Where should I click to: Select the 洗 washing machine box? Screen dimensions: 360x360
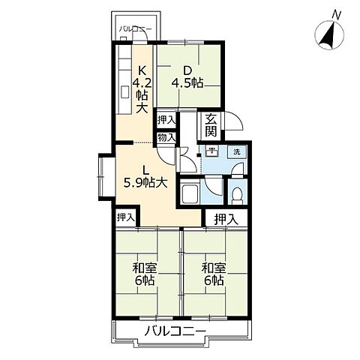click(236, 153)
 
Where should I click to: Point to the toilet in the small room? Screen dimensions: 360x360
click(237, 194)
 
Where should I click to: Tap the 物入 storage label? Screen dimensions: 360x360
click(166, 138)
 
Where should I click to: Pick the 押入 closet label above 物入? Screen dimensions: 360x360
click(166, 120)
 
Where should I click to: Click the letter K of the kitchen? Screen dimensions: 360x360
click(139, 64)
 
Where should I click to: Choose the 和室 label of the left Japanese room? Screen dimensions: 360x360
click(144, 267)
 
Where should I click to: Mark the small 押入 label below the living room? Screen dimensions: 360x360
click(127, 217)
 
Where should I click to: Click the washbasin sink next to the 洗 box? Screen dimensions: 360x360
click(213, 152)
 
